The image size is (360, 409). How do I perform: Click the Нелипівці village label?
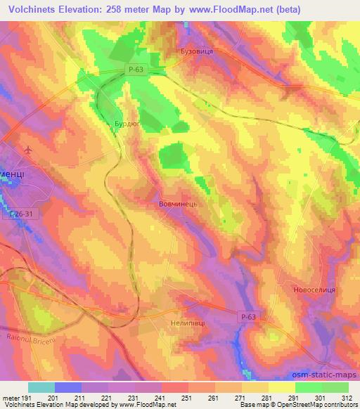tap(188, 325)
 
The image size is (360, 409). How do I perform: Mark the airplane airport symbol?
tap(27, 150)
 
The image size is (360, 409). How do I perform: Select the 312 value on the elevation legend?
tap(345, 397)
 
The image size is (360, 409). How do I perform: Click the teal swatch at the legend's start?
tap(41, 387)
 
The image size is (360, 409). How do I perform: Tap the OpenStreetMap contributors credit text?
tap(316, 405)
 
